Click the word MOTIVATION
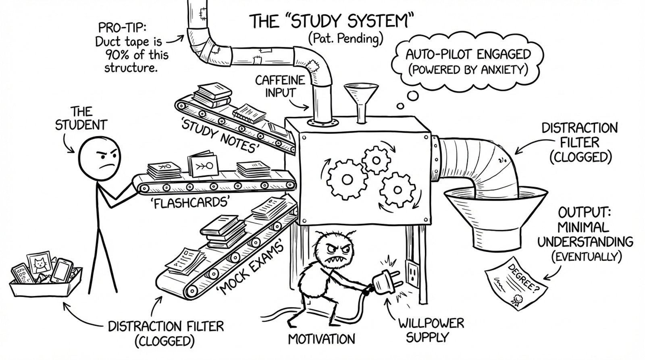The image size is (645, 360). (322, 339)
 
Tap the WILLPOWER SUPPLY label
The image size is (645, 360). (431, 330)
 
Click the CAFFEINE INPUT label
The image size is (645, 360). (280, 86)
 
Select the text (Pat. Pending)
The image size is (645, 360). (345, 39)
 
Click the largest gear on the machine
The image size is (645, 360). (344, 179)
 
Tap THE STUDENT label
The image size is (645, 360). (81, 118)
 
